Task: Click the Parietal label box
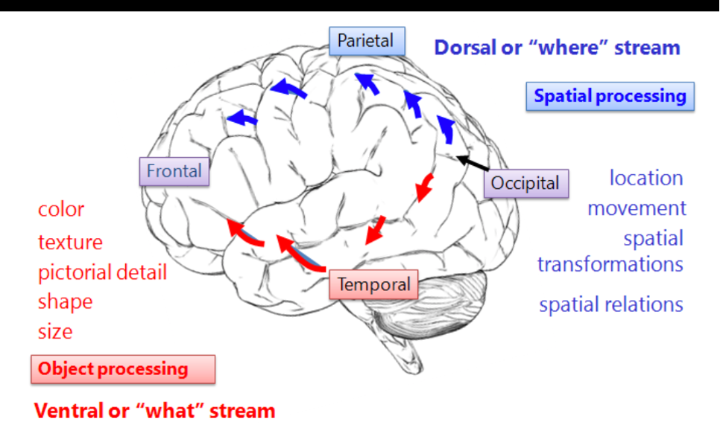tap(367, 41)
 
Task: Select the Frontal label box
tap(174, 171)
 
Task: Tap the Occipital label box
tap(526, 183)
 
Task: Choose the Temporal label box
tap(373, 284)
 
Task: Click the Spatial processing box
tap(610, 96)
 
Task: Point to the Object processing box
tap(123, 369)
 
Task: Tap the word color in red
tap(61, 210)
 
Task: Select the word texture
tap(70, 242)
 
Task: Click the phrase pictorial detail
tap(102, 272)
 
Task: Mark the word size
tap(55, 332)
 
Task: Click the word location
tap(646, 178)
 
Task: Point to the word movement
tap(637, 208)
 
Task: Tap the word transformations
tap(610, 265)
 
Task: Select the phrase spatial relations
tap(611, 305)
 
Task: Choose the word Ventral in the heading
tap(69, 411)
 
